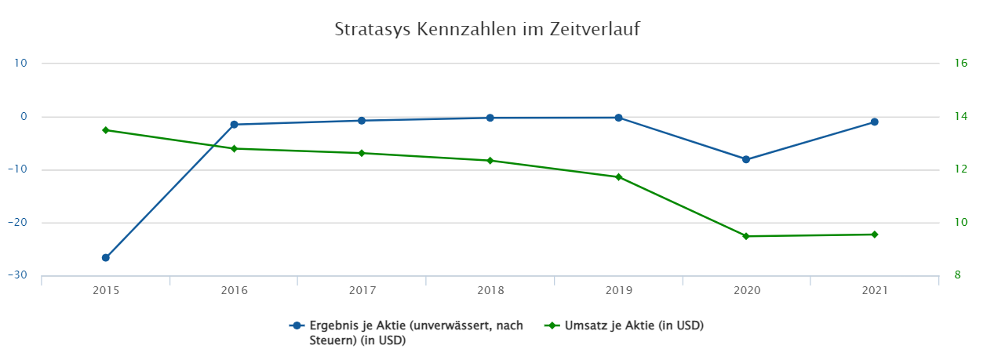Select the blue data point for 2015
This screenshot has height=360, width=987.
click(x=106, y=257)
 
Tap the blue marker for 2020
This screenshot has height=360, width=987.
click(x=746, y=159)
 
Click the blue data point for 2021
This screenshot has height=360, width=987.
click(x=874, y=122)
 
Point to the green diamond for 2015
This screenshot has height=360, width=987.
click(x=106, y=130)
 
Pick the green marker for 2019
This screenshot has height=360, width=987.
click(x=618, y=177)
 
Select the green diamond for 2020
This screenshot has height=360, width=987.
click(x=746, y=236)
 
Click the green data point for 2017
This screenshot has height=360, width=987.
click(x=362, y=153)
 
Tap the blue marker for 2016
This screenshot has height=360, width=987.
click(x=234, y=125)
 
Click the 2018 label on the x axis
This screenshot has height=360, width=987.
click(x=490, y=291)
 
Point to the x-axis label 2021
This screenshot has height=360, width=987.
click(x=874, y=291)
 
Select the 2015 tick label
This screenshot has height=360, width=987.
click(x=106, y=291)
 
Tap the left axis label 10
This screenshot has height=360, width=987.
click(x=20, y=64)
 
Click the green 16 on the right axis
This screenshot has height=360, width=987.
click(x=959, y=64)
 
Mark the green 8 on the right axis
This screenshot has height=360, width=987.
click(x=956, y=275)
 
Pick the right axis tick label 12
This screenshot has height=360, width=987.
click(x=959, y=169)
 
